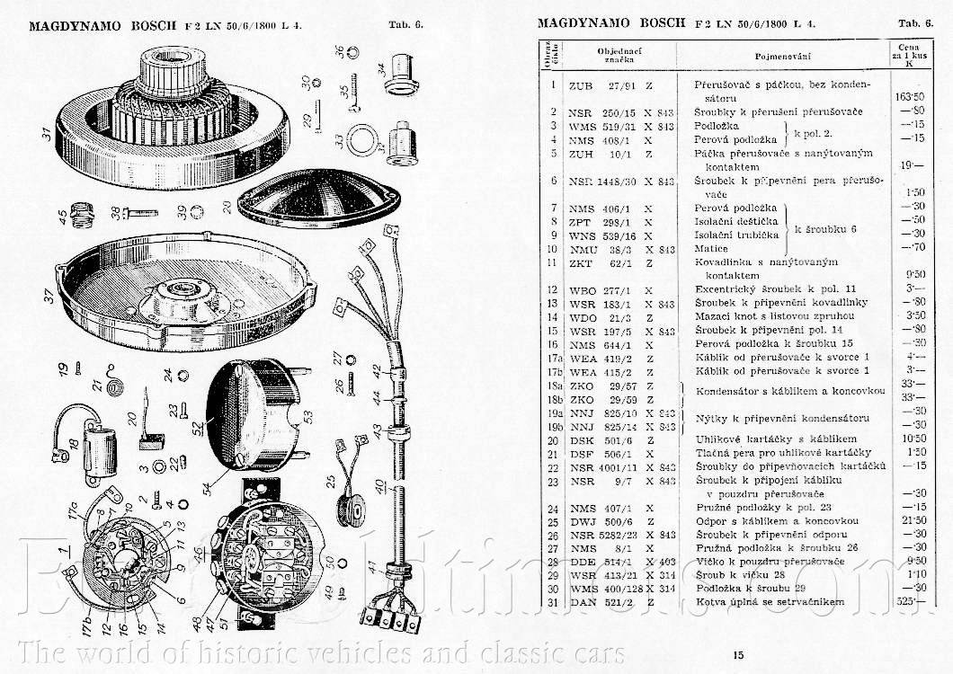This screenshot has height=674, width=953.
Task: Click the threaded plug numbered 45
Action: tap(86, 214)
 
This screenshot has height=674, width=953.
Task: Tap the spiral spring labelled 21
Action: tap(113, 388)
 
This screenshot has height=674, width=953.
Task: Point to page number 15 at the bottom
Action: tap(737, 655)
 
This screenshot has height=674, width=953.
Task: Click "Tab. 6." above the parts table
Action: tap(916, 23)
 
